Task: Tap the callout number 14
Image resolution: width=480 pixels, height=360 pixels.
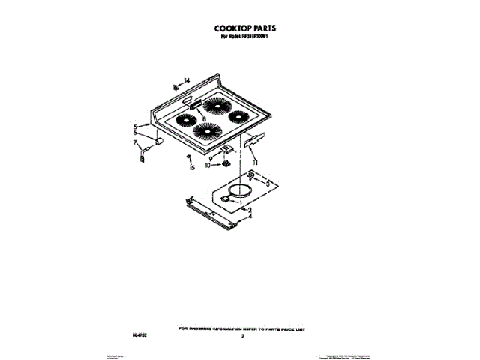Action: pos(187,80)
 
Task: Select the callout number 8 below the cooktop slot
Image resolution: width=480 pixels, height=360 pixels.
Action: pos(203,119)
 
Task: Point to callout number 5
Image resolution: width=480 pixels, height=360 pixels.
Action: pos(136,127)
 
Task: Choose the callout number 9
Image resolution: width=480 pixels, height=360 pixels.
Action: pos(211,157)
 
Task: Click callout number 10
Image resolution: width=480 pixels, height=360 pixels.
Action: pos(209,166)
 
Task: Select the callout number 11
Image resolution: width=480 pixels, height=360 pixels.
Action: pos(255,163)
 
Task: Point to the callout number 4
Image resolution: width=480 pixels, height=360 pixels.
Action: pos(250,217)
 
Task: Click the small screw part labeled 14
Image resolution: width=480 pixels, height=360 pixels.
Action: pos(175,86)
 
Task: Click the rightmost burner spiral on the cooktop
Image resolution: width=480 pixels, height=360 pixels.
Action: pos(240,117)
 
